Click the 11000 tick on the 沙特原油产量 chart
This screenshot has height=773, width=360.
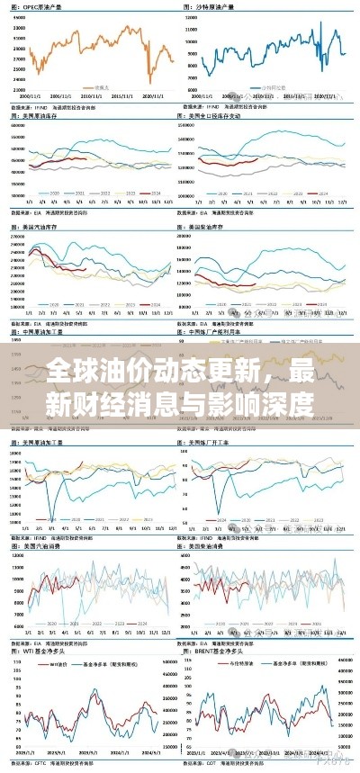pos(190,29)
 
